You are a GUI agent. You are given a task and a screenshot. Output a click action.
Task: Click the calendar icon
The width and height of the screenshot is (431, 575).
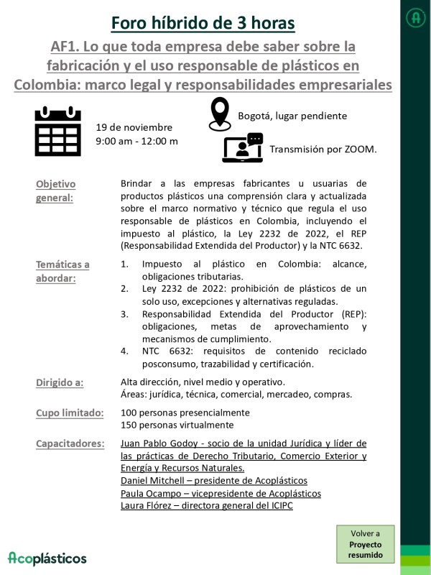tap(58, 132)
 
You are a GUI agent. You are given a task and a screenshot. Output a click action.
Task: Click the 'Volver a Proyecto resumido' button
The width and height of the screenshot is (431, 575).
tap(366, 545)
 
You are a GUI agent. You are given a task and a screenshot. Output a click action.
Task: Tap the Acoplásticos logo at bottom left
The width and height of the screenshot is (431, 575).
tap(47, 558)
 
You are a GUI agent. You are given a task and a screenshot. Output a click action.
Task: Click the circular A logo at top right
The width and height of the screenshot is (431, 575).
tap(415, 17)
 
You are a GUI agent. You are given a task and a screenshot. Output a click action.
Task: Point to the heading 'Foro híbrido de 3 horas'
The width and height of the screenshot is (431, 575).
tap(203, 23)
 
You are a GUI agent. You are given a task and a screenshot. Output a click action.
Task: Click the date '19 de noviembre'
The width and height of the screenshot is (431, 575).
tap(134, 127)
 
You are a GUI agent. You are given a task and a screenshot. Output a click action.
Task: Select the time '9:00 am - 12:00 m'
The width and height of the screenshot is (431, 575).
tap(137, 141)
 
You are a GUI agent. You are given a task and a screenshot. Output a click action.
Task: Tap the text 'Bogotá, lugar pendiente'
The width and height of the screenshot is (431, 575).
tap(292, 116)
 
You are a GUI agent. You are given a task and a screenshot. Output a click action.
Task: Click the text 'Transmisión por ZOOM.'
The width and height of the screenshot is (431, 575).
tap(323, 149)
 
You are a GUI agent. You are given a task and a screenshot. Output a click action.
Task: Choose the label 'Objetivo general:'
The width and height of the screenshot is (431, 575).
tap(55, 190)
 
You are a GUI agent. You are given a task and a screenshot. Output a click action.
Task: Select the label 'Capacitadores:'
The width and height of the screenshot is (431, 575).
tap(70, 443)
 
